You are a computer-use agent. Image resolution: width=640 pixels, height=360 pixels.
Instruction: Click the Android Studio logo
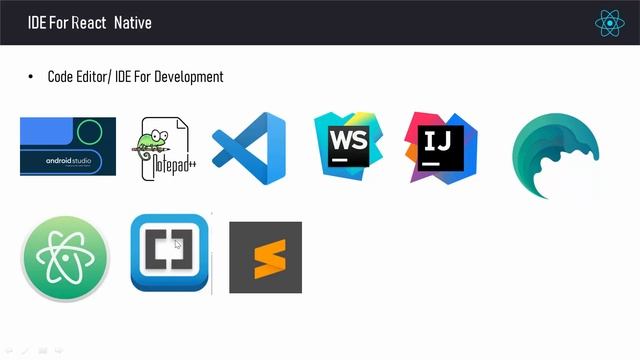(x=67, y=146)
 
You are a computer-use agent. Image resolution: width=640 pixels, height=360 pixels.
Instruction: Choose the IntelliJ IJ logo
(x=440, y=147)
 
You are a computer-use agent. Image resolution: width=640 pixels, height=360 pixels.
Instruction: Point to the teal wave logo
(x=555, y=156)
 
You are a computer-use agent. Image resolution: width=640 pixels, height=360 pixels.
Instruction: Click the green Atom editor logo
(x=65, y=258)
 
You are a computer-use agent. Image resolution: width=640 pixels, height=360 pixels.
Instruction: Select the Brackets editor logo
(x=169, y=253)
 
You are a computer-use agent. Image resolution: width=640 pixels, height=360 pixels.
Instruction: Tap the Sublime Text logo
(x=265, y=257)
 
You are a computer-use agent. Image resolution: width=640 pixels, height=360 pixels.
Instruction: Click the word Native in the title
(x=133, y=22)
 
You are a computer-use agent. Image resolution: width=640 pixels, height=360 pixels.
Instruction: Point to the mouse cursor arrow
(x=178, y=245)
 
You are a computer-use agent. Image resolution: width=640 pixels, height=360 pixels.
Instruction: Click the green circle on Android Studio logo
(x=90, y=129)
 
